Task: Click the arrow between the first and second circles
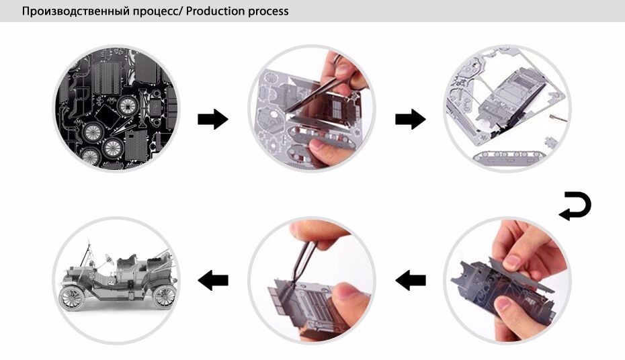(x=213, y=119)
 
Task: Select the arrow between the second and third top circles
(x=411, y=119)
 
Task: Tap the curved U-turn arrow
(x=575, y=206)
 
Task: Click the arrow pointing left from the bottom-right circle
(x=411, y=280)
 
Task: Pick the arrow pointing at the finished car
(x=213, y=280)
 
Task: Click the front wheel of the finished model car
(x=72, y=298)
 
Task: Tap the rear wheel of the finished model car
(x=164, y=297)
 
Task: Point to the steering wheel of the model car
(x=108, y=258)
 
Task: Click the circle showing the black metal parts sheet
(x=116, y=109)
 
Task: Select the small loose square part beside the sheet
(x=550, y=141)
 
